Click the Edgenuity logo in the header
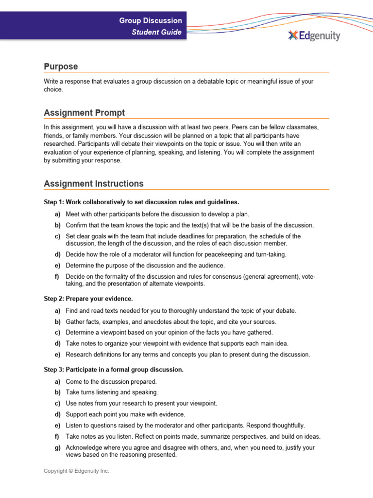(x=314, y=36)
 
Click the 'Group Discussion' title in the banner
(x=151, y=20)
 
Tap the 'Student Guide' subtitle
(x=157, y=33)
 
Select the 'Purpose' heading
(x=61, y=66)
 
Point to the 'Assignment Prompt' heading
(x=84, y=113)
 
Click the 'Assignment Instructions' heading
(x=94, y=184)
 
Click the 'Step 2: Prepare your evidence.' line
(x=88, y=299)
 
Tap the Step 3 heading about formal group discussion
(x=114, y=370)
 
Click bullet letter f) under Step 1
(x=58, y=277)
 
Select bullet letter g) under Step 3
(x=58, y=447)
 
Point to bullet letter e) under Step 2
(x=58, y=355)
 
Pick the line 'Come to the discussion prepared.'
(x=111, y=382)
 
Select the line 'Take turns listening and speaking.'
(x=112, y=392)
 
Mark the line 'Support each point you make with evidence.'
(x=125, y=414)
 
